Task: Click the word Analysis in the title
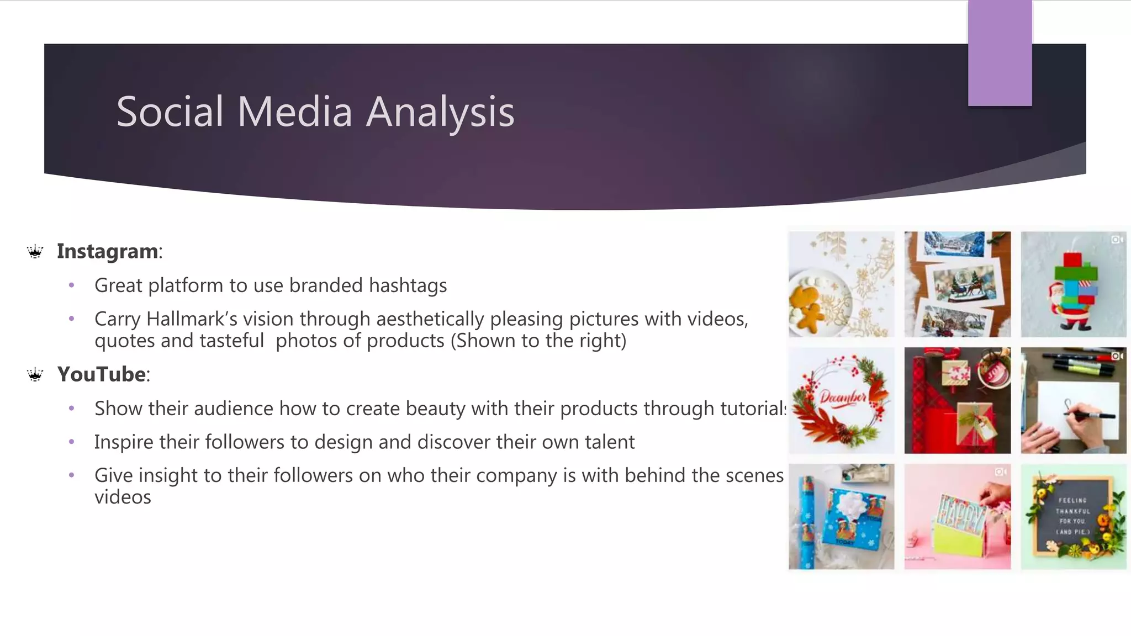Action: coord(440,112)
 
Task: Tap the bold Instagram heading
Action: coord(108,251)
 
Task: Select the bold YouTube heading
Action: coord(102,374)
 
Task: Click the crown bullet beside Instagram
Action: coord(35,252)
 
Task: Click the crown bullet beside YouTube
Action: coord(35,375)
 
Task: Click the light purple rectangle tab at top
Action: coord(1000,53)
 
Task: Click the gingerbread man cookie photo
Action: coord(841,284)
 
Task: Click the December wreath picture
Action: coord(841,400)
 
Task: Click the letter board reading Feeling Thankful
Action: coord(1073,516)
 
